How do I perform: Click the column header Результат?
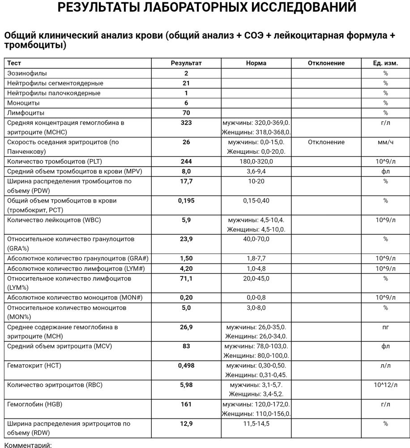[x=186, y=63]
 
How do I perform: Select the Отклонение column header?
[x=326, y=63]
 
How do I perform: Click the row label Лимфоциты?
[x=26, y=113]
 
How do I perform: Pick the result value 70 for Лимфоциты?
[x=186, y=113]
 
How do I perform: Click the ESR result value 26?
[x=186, y=142]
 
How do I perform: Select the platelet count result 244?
[x=186, y=161]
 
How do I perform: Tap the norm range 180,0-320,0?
[x=256, y=161]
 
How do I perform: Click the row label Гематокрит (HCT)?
[x=34, y=366]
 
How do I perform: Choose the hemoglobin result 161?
[x=186, y=404]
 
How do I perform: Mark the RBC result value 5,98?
[x=186, y=385]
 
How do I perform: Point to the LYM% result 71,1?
[x=186, y=279]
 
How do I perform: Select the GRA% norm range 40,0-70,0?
[x=256, y=239]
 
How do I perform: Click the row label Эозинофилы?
[x=27, y=73]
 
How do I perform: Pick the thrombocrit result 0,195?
[x=186, y=201]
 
